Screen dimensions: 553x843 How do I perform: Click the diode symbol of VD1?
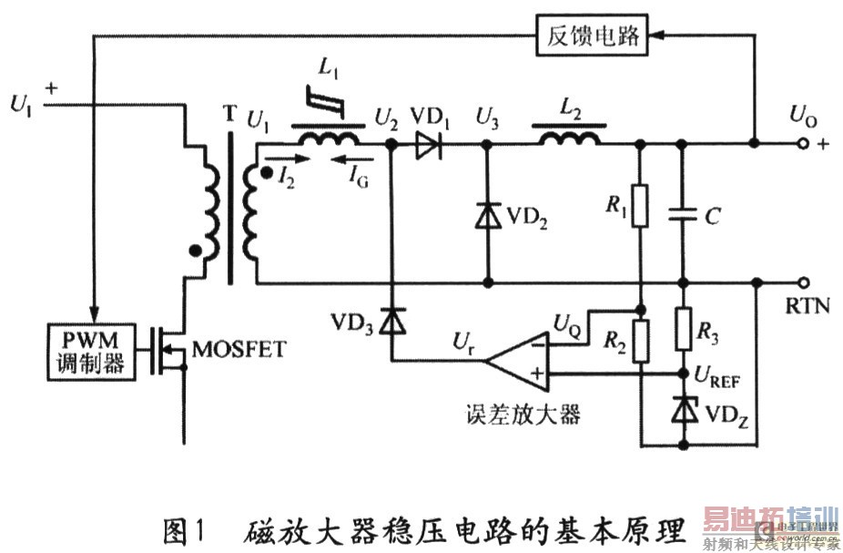tap(425, 143)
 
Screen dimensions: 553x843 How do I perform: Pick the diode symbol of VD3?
tap(392, 321)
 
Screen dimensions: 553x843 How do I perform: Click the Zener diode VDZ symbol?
tap(683, 411)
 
